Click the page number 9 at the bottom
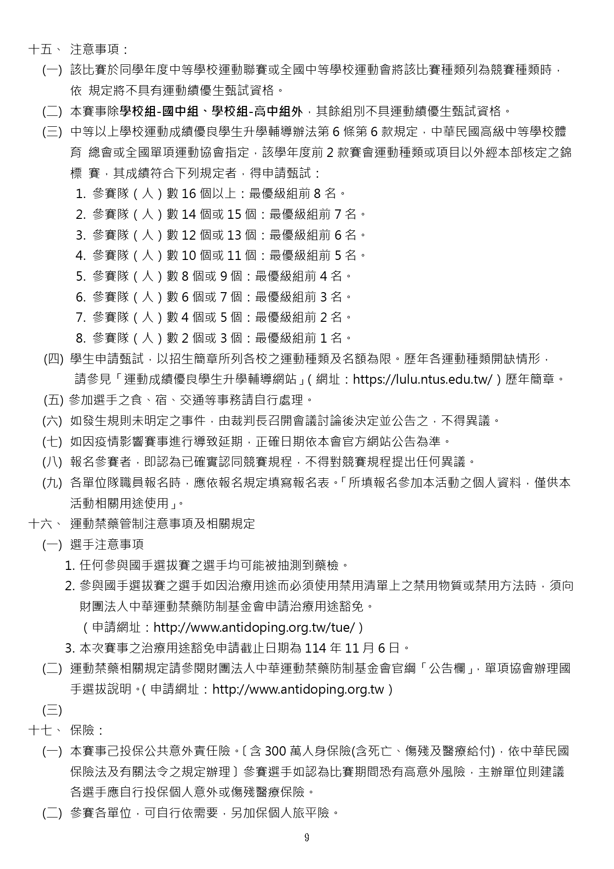(307, 838)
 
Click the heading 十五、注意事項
(79, 50)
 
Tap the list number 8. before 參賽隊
(81, 338)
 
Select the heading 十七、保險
(67, 730)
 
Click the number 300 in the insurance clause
(276, 751)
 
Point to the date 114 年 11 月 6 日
(352, 648)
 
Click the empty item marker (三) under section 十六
(52, 710)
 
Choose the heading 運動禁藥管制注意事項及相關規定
(162, 524)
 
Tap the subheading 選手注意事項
(107, 545)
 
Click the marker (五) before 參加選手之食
(53, 400)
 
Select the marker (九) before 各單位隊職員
(52, 483)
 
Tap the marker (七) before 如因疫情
(52, 441)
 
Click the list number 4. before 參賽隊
(81, 256)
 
